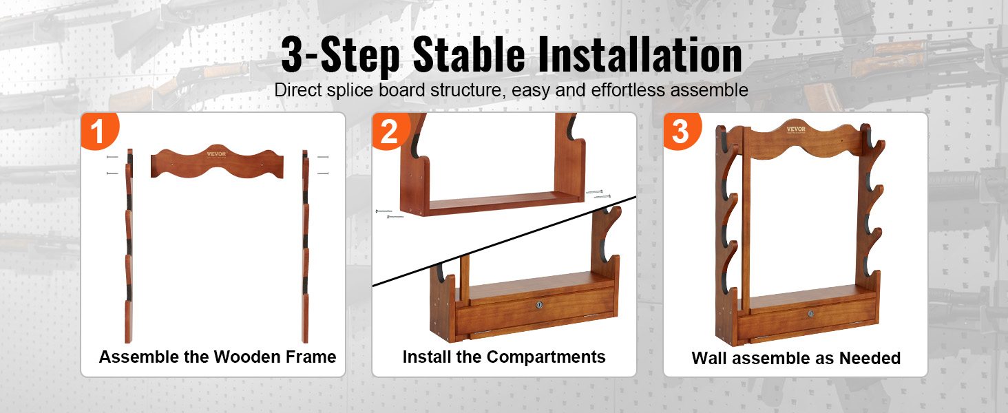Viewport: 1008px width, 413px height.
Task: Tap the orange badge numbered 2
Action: coord(390,131)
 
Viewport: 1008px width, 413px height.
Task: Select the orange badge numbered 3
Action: coord(682,131)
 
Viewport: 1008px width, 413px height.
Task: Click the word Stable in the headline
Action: coord(469,55)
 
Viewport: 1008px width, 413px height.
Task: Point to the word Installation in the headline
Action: coord(640,55)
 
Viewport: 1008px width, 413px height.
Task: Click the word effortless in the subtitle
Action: coord(629,90)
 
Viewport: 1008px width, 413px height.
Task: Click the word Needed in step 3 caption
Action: coord(870,358)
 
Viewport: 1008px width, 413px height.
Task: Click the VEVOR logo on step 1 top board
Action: coord(216,154)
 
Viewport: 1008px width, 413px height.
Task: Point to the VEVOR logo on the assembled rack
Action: coord(796,129)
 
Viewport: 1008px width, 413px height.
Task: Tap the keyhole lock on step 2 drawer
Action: coord(539,306)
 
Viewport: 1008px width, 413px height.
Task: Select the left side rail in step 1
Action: coord(129,246)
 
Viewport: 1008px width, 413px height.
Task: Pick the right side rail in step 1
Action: coord(305,246)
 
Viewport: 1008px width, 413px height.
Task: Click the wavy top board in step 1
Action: coord(217,162)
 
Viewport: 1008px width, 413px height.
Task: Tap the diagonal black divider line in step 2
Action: coord(505,241)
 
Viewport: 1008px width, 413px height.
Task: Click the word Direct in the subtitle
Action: coord(298,90)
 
